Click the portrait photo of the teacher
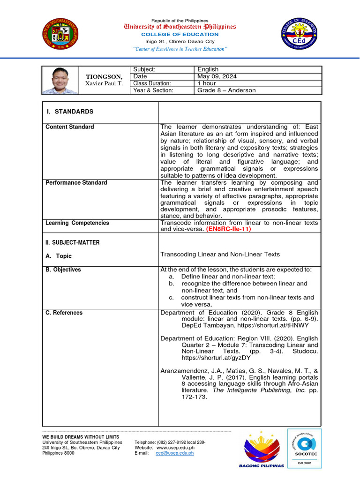[61, 80]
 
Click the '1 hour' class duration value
[207, 83]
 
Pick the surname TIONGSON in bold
[104, 76]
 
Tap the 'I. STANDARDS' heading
[70, 112]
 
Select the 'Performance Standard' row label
[76, 183]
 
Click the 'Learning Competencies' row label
[77, 223]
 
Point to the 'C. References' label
[64, 313]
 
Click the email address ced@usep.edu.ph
[174, 453]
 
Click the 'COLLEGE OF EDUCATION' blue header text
[180, 34]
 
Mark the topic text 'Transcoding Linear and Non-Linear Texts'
[220, 255]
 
